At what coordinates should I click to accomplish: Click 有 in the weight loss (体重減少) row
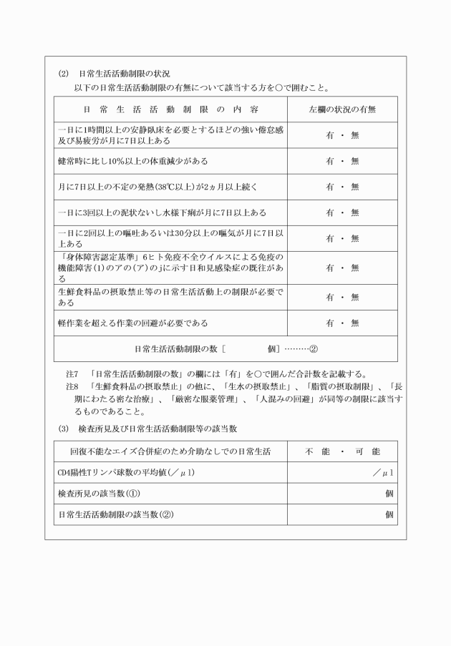[330, 161]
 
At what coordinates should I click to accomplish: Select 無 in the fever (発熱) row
[354, 187]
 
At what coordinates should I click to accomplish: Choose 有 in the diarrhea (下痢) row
[330, 213]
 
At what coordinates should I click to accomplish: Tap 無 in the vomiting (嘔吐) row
[354, 240]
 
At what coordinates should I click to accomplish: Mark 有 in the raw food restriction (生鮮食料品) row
[330, 297]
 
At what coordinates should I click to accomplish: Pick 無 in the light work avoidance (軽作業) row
[354, 323]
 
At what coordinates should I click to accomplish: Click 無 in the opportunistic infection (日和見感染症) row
[354, 268]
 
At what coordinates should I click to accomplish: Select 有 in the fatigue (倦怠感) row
[330, 135]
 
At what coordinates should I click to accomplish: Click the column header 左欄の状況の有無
[342, 110]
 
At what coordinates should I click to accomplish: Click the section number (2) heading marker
[62, 73]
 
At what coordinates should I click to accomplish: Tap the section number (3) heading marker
[62, 429]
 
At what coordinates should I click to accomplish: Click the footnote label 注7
[71, 373]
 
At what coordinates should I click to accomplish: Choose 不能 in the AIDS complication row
[318, 453]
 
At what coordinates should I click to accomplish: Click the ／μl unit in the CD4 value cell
[382, 474]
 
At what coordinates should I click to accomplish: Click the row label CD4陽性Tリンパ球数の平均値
[117, 474]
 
